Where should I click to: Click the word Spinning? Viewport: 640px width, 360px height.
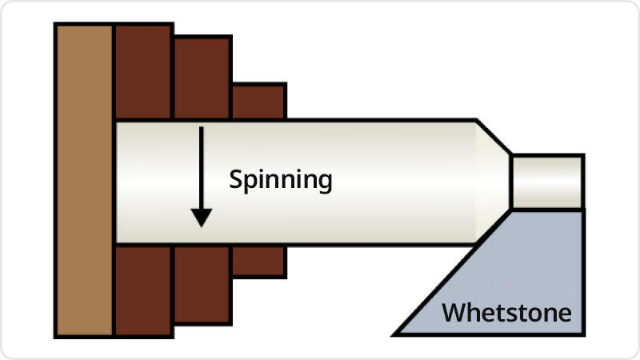coord(280,180)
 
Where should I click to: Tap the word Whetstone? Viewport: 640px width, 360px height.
coord(507,312)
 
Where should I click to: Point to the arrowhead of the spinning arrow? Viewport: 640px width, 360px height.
coord(202,217)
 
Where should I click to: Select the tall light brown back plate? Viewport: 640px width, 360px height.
coord(84,180)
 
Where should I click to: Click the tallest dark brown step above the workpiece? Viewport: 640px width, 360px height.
coord(144,72)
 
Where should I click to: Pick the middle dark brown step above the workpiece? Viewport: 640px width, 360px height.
coord(202,78)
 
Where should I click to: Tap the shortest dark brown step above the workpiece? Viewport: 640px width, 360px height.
coord(258,102)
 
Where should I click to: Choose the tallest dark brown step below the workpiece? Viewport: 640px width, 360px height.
coord(144,290)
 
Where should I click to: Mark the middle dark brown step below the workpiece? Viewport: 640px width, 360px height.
coord(202,284)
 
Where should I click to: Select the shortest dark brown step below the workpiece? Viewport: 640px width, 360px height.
coord(258,261)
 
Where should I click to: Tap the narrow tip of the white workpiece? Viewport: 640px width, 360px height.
coord(547,182)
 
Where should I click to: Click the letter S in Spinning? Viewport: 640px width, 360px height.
coord(236,180)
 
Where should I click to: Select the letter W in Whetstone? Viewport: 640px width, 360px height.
coord(453,312)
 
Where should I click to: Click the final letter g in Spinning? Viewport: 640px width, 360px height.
coord(324,183)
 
